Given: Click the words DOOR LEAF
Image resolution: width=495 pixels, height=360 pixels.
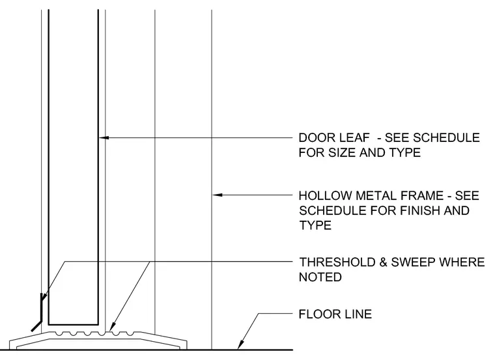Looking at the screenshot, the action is [x=334, y=138].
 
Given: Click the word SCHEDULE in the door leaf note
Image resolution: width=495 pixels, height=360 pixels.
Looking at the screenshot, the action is [x=446, y=138].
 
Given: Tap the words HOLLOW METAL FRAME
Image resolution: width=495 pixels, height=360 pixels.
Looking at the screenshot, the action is [x=371, y=195].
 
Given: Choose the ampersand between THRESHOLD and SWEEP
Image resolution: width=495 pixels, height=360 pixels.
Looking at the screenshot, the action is [x=383, y=262].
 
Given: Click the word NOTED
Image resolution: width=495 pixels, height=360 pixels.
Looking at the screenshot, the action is [x=320, y=277].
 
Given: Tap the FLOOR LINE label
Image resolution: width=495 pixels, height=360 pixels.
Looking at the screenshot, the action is [x=335, y=314].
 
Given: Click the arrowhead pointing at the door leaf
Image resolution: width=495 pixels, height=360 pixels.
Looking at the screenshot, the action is [x=104, y=137].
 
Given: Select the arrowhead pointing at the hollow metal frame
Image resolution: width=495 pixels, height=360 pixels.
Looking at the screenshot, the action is [x=217, y=195].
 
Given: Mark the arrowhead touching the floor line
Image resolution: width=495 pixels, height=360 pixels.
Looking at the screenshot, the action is [x=240, y=345].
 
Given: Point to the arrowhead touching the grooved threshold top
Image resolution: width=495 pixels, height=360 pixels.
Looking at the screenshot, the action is [x=113, y=327].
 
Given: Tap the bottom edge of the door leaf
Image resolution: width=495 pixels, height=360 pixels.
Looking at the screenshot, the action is [x=73, y=324].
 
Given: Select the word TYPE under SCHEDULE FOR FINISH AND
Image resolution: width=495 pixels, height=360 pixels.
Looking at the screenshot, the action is [x=315, y=225].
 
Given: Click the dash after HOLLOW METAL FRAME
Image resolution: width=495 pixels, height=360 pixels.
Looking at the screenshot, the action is [x=449, y=196].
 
